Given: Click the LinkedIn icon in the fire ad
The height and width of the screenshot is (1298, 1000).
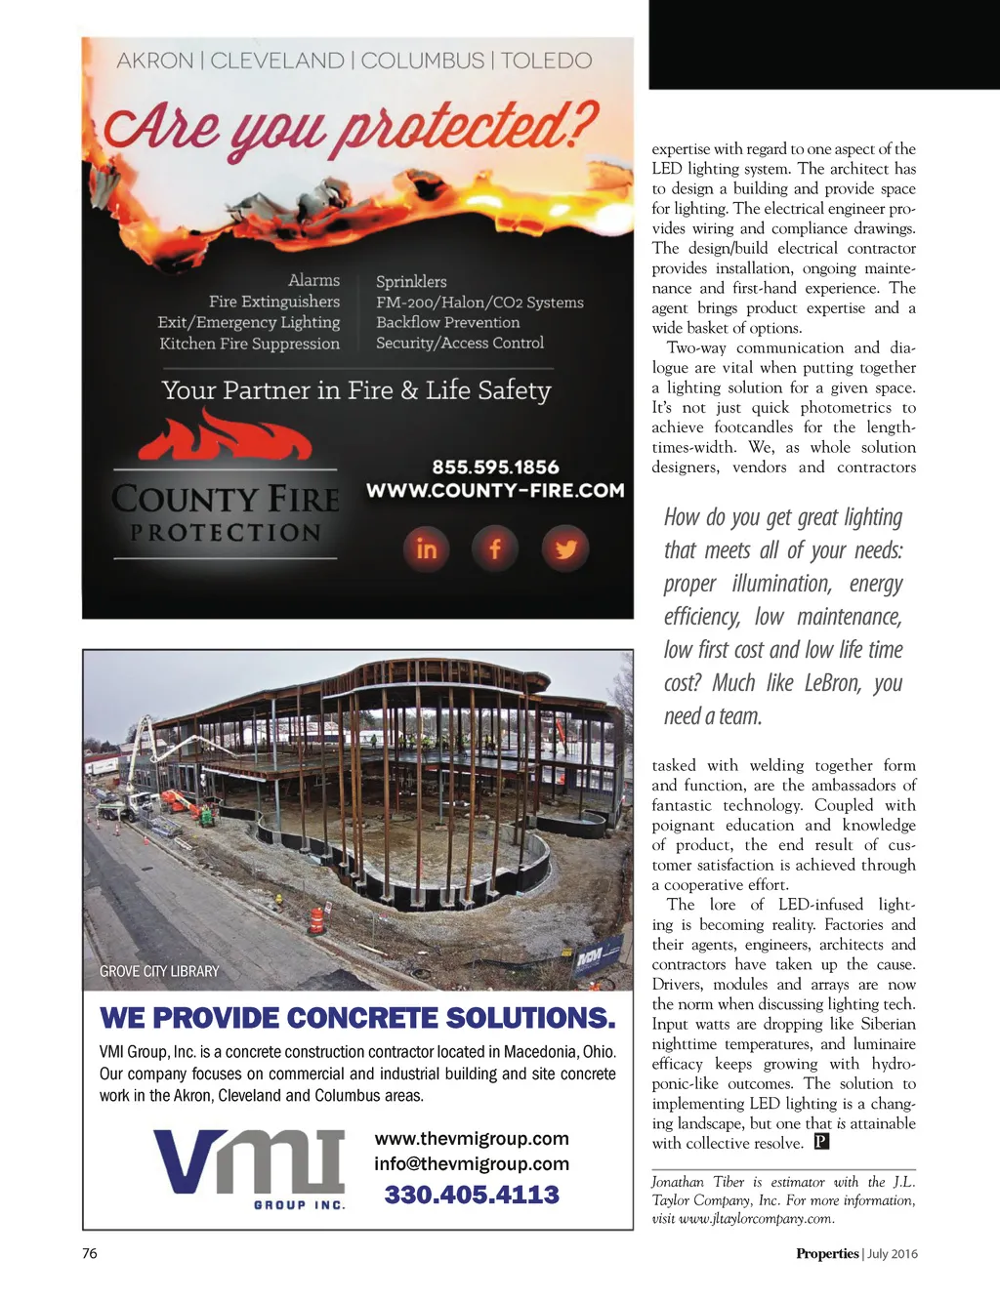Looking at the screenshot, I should point(427,548).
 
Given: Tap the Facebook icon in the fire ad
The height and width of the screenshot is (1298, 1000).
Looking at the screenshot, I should point(495,548).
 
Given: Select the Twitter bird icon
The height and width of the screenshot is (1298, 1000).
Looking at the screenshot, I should point(565,548).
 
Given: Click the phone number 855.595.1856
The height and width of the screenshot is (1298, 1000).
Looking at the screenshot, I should point(495,466).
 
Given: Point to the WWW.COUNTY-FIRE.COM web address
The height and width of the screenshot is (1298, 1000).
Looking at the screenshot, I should point(495,490).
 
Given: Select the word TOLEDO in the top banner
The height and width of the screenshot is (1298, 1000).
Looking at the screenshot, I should point(546,61).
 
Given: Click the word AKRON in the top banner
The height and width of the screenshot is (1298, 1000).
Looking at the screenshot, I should point(155,61).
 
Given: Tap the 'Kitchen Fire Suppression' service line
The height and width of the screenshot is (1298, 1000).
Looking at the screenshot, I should point(250,344).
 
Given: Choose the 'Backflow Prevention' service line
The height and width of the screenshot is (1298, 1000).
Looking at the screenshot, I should point(448,322).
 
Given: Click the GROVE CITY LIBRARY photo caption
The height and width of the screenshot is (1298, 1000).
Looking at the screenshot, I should point(159,971).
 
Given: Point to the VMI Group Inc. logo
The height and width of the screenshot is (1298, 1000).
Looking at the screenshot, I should point(250,1167).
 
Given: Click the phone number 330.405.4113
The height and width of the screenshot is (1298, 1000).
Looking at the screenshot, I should point(472,1195).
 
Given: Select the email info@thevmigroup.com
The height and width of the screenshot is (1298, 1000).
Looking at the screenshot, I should point(472,1163).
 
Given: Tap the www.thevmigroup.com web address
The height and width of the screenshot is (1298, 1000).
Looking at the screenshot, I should point(472,1139).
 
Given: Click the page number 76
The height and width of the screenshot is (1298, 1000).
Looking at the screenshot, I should point(90,1253).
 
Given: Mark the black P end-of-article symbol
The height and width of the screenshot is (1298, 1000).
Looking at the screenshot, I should point(822,1142).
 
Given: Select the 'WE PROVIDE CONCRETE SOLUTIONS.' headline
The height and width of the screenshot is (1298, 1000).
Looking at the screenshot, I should point(357,1018).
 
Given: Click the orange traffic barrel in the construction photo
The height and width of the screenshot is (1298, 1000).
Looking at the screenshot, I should point(316,920).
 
